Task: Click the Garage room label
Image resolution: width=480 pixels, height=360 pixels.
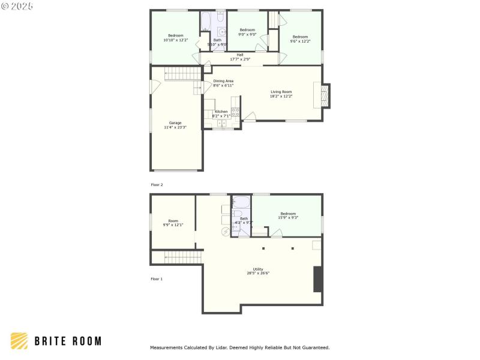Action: click(x=175, y=125)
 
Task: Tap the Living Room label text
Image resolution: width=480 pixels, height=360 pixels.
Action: click(x=281, y=94)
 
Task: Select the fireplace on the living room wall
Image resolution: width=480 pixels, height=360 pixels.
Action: click(x=325, y=95)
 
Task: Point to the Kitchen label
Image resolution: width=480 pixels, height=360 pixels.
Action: click(x=221, y=113)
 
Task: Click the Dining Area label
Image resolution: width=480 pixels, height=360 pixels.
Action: click(x=223, y=83)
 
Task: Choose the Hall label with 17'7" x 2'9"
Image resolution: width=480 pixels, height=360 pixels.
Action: click(x=240, y=57)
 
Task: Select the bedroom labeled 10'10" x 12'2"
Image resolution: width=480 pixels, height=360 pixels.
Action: click(x=175, y=38)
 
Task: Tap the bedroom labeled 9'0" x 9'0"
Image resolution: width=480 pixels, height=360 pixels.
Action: click(x=248, y=32)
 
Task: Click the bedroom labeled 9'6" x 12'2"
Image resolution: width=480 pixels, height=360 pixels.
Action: click(x=300, y=38)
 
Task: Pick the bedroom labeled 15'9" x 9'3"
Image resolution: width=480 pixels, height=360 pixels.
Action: click(x=288, y=215)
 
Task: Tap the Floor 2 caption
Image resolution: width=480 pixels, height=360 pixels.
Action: click(x=157, y=185)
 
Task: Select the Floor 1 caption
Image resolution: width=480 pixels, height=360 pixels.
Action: click(x=157, y=279)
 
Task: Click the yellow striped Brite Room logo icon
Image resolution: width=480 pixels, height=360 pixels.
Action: click(x=19, y=341)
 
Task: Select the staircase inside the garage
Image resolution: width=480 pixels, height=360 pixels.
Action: click(x=177, y=74)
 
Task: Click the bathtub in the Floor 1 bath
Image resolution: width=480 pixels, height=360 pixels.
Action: click(x=241, y=202)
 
